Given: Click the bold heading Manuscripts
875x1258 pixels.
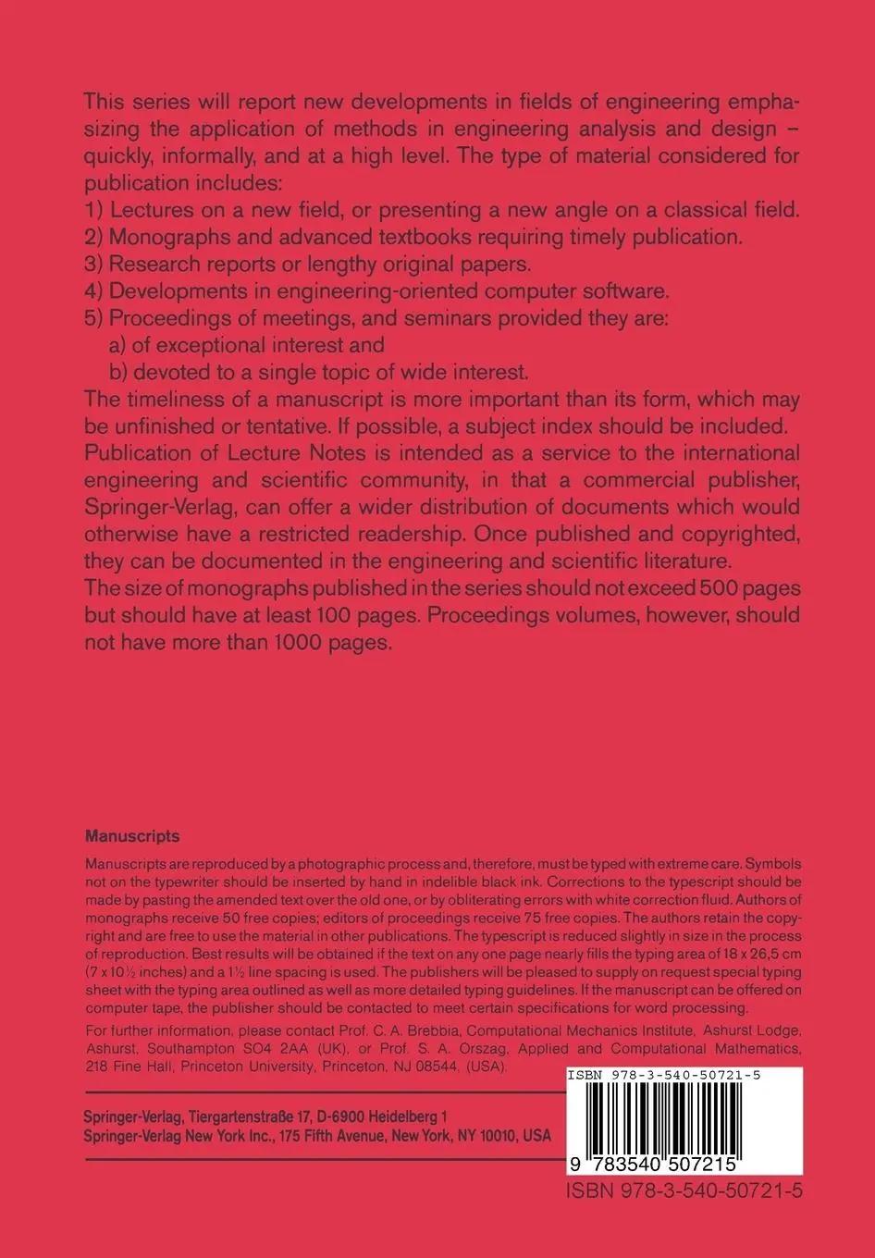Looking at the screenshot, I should pyautogui.click(x=132, y=836).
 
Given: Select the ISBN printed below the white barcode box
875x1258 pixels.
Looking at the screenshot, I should pyautogui.click(x=684, y=1190).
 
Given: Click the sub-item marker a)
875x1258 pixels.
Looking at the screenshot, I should pyautogui.click(x=119, y=346).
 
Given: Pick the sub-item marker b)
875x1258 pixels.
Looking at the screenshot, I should pyautogui.click(x=119, y=373).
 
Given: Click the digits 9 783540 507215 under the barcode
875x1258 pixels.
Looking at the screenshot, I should pyautogui.click(x=658, y=1162).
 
